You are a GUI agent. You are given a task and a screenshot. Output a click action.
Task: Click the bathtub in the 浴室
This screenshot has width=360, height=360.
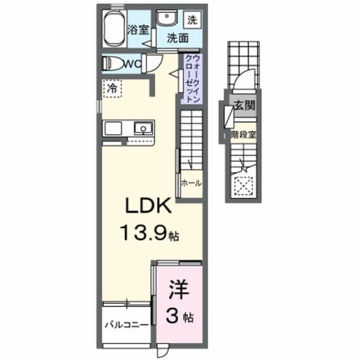coord(114,28)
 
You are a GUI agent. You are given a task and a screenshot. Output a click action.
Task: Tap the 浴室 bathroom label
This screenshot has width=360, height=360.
coord(138,30)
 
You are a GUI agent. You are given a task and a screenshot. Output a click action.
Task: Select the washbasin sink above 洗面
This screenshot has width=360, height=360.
coord(167,18)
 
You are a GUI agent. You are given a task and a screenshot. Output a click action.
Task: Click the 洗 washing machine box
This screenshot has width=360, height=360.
coord(193,20)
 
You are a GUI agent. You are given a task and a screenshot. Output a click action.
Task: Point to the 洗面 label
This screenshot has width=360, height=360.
coord(178,38)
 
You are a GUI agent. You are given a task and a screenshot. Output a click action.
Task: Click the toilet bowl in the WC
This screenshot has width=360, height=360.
coord(113,64)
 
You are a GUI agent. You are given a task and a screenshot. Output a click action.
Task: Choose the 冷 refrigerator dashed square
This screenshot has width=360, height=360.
coord(112,88)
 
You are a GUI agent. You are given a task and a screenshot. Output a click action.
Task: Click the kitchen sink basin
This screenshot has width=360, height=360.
coord(144,128)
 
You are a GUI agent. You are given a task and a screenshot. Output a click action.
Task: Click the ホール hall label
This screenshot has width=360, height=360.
coord(191,183)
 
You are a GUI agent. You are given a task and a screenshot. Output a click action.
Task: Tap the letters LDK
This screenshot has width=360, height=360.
coord(148,206)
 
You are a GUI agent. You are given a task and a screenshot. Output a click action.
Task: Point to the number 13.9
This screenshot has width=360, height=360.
coord(144,233)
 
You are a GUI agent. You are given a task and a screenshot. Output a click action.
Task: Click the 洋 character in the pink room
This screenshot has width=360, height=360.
coord(179,290)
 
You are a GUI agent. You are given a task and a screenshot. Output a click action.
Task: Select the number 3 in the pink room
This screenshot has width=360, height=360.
coord(172,316)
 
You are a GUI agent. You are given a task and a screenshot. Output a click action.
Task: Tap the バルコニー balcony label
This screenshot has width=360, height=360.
coord(127,325)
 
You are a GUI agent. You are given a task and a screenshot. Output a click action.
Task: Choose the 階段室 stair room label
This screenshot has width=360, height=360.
coord(243,134)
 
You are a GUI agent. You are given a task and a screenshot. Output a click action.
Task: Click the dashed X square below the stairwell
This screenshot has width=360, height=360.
coord(243,187)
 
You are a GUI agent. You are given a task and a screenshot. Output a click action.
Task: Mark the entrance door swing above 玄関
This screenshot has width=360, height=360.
coord(244,77)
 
